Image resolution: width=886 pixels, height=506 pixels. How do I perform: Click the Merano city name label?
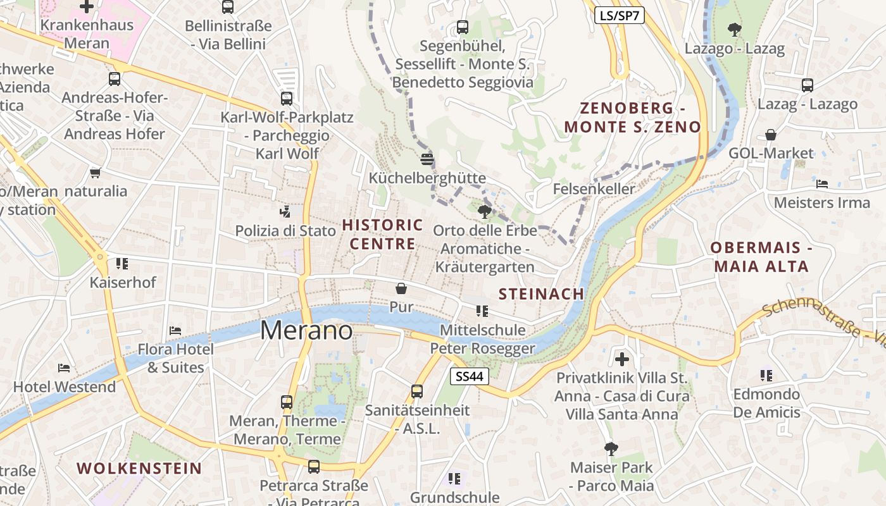[x=306, y=330]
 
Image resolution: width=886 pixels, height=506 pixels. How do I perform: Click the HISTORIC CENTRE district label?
[x=383, y=234]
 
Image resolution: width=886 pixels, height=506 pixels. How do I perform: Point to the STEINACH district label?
[x=541, y=293]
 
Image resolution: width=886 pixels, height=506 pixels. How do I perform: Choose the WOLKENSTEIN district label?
[x=139, y=469]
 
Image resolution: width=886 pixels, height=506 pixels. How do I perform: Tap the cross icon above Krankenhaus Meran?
[x=87, y=7]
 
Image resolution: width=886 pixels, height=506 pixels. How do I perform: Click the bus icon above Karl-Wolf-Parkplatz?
[x=287, y=99]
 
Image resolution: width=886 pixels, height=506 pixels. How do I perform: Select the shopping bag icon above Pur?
[x=401, y=289]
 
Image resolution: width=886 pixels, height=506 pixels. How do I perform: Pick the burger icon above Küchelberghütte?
[x=427, y=159]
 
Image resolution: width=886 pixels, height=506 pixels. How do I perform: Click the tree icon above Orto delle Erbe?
[x=485, y=211]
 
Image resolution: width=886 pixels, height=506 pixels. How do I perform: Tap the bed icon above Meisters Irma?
[x=822, y=184]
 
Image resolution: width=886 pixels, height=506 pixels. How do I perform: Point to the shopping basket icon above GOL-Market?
[x=771, y=135]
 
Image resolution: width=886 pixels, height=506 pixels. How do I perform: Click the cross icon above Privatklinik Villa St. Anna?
[x=622, y=359]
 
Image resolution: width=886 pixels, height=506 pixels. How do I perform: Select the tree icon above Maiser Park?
[x=611, y=449]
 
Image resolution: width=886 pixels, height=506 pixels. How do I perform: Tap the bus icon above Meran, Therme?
[x=287, y=402]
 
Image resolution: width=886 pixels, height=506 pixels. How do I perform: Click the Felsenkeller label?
[x=594, y=189]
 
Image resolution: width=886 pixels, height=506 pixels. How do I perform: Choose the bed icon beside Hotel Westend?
[x=64, y=368]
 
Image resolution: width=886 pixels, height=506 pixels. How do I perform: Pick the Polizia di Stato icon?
[x=285, y=212]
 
